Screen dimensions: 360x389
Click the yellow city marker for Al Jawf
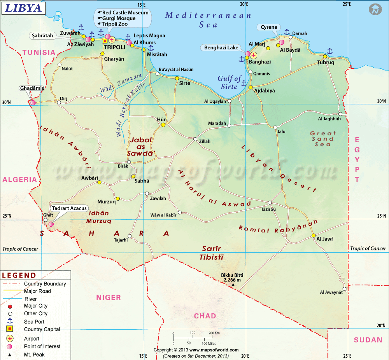[313, 236]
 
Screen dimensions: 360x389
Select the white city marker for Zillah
[195, 139]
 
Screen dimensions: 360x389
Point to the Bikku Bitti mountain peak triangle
[233, 285]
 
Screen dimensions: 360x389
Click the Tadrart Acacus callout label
[69, 208]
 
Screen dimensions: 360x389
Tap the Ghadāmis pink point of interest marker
[33, 103]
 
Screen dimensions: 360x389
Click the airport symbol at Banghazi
[254, 55]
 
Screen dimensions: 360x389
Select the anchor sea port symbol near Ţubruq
[329, 51]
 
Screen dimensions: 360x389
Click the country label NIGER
[109, 297]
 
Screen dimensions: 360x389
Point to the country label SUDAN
[368, 340]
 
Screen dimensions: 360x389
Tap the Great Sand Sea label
[323, 139]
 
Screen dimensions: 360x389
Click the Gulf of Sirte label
[229, 82]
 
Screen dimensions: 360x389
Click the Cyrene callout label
[269, 27]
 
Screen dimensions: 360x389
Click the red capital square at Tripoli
[105, 41]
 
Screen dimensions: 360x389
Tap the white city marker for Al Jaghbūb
[340, 114]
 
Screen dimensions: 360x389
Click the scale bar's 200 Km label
[214, 333]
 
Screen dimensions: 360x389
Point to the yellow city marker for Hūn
[163, 125]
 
